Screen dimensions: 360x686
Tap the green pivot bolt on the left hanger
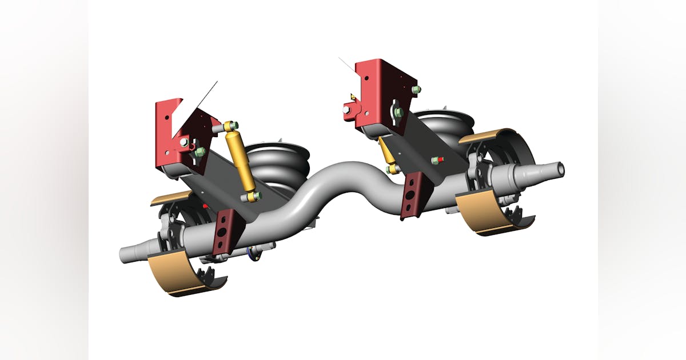click(x=200, y=152)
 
